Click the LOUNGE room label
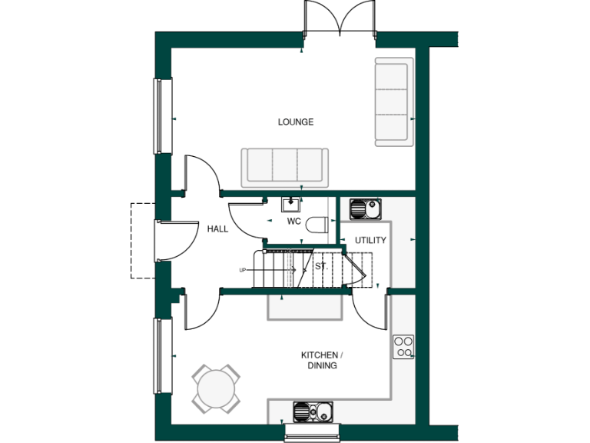tap(296, 122)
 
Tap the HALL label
tap(217, 229)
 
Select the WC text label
tap(293, 221)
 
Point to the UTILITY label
tap(370, 241)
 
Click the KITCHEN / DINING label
tap(321, 360)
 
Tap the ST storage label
tap(320, 266)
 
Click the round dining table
tap(216, 389)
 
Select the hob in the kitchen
tap(404, 347)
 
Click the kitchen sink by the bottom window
tap(313, 411)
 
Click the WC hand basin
tap(292, 204)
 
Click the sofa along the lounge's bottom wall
tap(284, 167)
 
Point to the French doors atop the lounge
tap(340, 18)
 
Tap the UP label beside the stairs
tap(243, 270)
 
